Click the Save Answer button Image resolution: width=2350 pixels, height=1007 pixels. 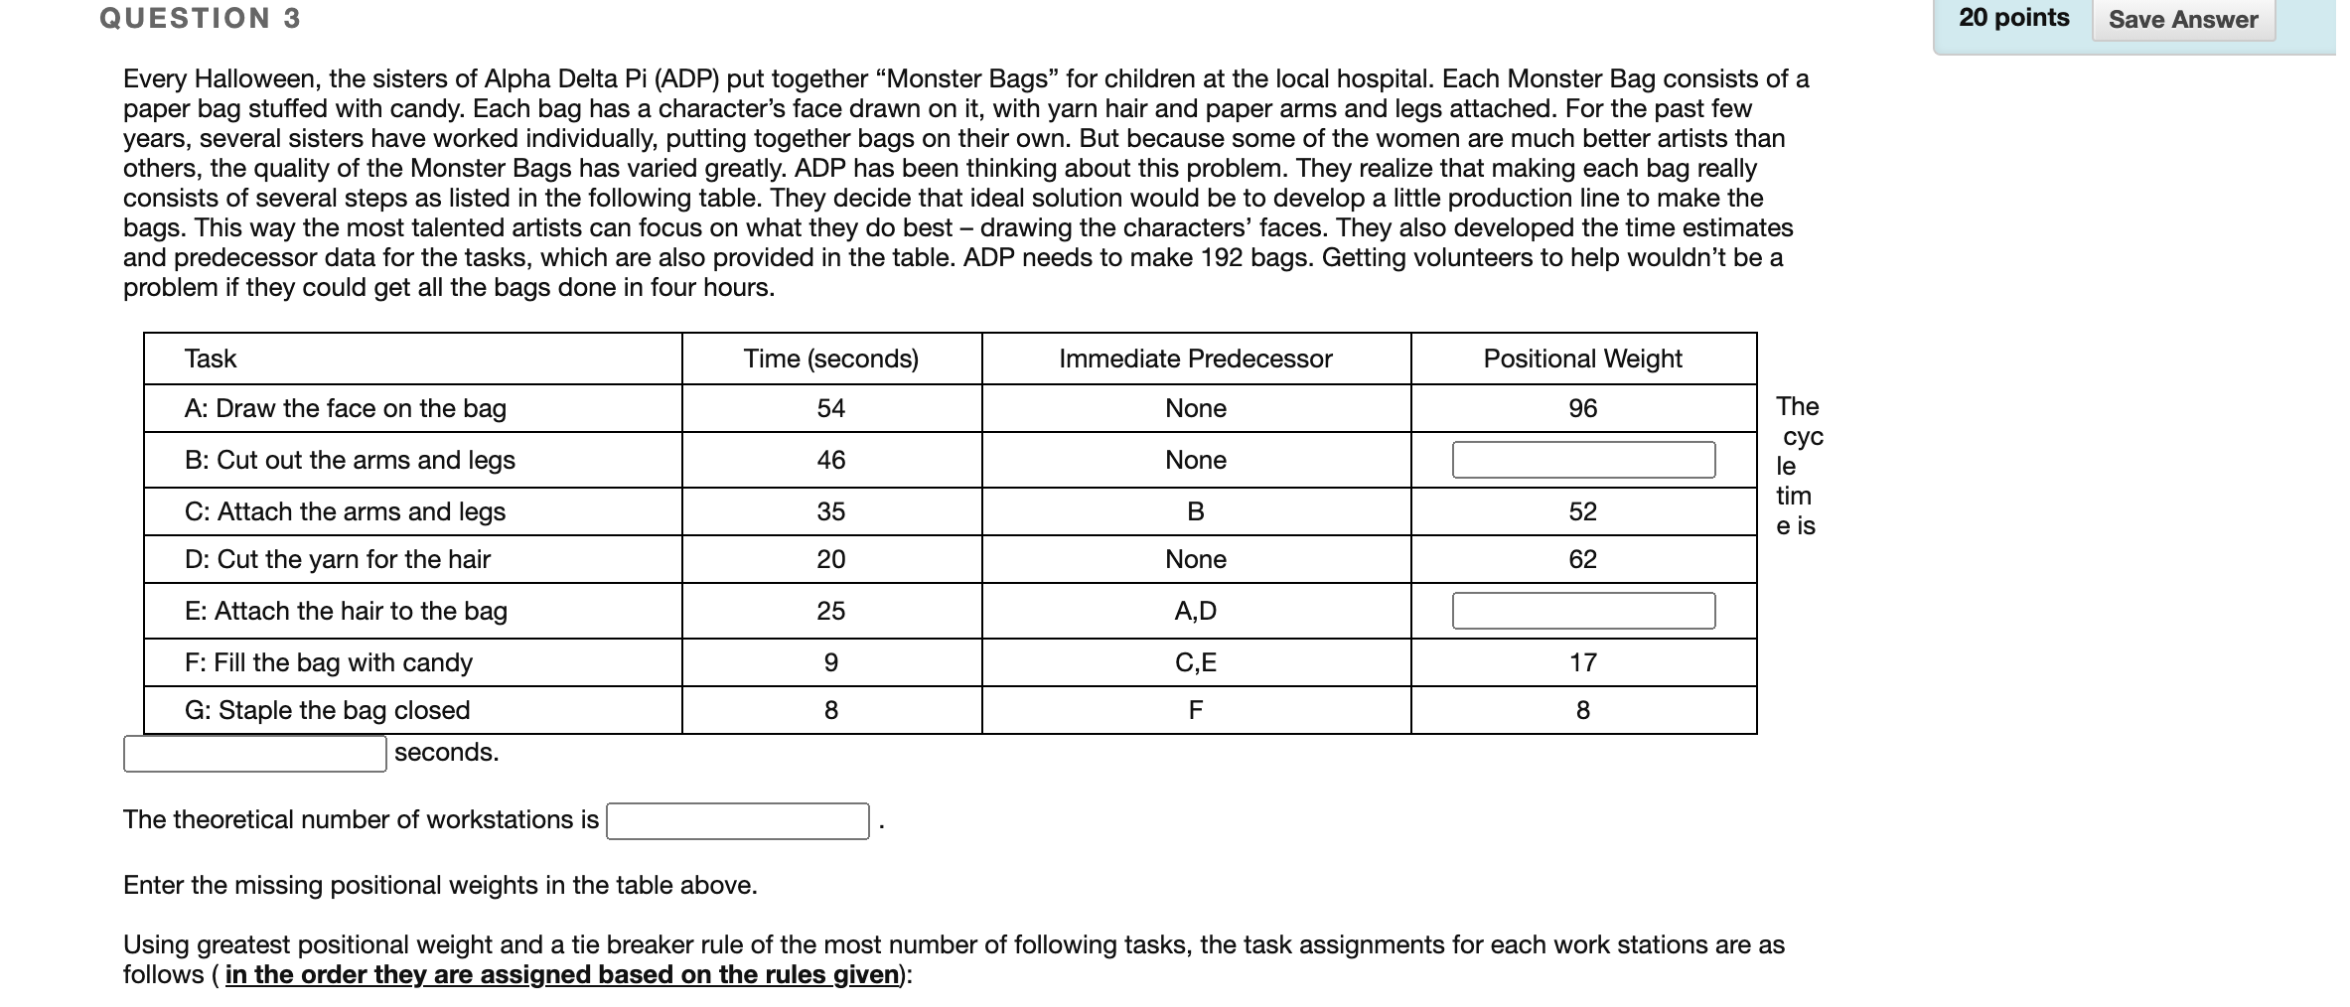pyautogui.click(x=2182, y=20)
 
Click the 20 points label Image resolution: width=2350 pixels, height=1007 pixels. pyautogui.click(x=2013, y=18)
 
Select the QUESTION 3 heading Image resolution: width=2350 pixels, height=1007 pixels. pyautogui.click(x=200, y=18)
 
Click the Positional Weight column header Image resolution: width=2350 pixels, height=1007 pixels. pyautogui.click(x=1582, y=359)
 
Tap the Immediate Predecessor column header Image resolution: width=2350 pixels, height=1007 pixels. pyautogui.click(x=1195, y=359)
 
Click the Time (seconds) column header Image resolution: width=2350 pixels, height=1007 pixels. pyautogui.click(x=830, y=359)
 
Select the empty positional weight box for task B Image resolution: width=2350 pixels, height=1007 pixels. pyautogui.click(x=1582, y=460)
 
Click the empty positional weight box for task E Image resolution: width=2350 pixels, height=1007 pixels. pyautogui.click(x=1582, y=611)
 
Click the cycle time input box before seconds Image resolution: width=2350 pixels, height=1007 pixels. pyautogui.click(x=254, y=754)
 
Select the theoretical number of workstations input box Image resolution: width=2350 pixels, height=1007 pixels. pyautogui.click(x=737, y=821)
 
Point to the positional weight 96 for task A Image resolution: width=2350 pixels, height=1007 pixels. pyautogui.click(x=1582, y=408)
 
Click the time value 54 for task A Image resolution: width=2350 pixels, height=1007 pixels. pyautogui.click(x=830, y=408)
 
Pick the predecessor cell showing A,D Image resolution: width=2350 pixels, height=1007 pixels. pyautogui.click(x=1195, y=611)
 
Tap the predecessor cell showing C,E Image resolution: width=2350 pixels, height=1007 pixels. pyautogui.click(x=1195, y=662)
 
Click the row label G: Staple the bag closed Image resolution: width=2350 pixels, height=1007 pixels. pyautogui.click(x=327, y=710)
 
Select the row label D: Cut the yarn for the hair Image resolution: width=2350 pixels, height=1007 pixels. pyautogui.click(x=337, y=559)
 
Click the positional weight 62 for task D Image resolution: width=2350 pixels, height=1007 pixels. pyautogui.click(x=1582, y=559)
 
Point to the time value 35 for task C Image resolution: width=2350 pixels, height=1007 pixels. pyautogui.click(x=830, y=511)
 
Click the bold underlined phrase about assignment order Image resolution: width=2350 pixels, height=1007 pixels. pyautogui.click(x=562, y=975)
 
